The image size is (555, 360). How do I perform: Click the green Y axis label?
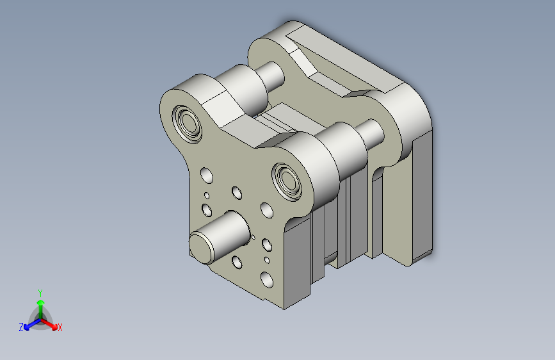(40, 293)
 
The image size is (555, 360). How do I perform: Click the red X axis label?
(60, 327)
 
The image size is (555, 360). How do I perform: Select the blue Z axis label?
(21, 327)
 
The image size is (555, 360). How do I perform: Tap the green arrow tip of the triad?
(41, 302)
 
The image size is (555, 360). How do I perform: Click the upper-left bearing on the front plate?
(188, 124)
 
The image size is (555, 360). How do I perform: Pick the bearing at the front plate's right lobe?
(287, 182)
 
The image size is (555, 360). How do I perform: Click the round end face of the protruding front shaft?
(202, 248)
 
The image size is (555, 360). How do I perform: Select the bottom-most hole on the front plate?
(267, 280)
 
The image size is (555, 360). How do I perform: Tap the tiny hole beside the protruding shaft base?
(253, 237)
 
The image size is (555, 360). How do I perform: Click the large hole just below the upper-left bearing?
(207, 176)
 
